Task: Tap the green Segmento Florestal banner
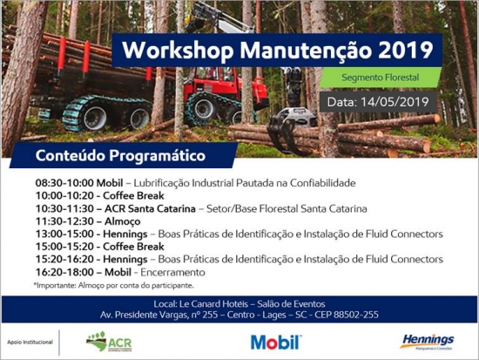381,77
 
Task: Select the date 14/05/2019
395,102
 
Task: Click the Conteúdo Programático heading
120,155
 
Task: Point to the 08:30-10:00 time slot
64,183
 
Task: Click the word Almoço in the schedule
123,221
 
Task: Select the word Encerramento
172,272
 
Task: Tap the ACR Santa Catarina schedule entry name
150,208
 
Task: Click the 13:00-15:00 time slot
64,234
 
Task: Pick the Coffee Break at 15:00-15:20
133,247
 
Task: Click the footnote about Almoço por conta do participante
113,285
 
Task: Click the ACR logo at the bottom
109,342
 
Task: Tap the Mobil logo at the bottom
276,343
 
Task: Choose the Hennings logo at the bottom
427,342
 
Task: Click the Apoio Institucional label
30,343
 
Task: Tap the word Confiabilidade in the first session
322,183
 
